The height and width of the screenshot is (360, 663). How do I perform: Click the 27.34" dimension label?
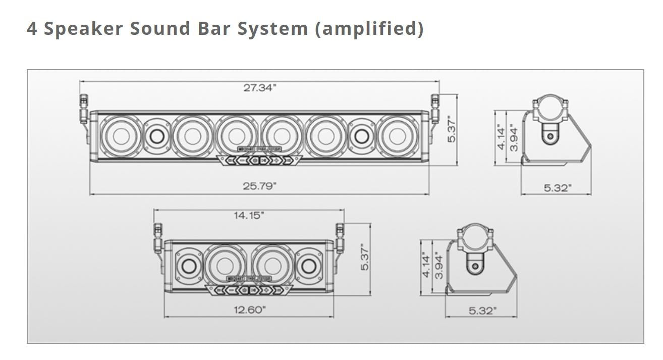click(x=260, y=88)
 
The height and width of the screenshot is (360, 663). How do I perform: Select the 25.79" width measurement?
click(x=260, y=186)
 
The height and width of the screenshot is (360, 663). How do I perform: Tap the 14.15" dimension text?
click(x=249, y=216)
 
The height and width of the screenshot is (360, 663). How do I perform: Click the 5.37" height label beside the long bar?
click(x=452, y=130)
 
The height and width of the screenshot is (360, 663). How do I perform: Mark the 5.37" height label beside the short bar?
click(x=365, y=257)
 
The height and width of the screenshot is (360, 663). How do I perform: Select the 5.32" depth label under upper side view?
click(x=557, y=188)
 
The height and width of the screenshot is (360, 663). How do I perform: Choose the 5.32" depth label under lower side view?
click(x=482, y=311)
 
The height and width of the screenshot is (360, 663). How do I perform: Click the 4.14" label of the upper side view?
click(x=501, y=137)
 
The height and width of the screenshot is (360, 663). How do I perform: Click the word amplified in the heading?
click(x=369, y=28)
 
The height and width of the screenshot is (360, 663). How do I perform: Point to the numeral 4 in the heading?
click(x=32, y=28)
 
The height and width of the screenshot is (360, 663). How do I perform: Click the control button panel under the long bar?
click(x=259, y=160)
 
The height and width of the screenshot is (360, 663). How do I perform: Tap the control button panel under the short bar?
click(x=249, y=290)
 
